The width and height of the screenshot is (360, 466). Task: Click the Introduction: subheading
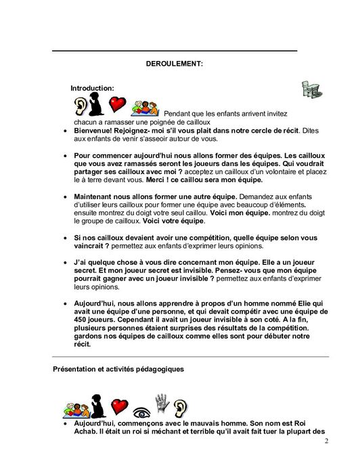click(92, 88)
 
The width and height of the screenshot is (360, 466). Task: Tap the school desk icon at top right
click(311, 89)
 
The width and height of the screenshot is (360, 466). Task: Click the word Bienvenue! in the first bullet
click(95, 129)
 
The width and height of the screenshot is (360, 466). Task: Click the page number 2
click(325, 442)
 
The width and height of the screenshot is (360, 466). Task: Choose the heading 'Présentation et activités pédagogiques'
click(115, 368)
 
